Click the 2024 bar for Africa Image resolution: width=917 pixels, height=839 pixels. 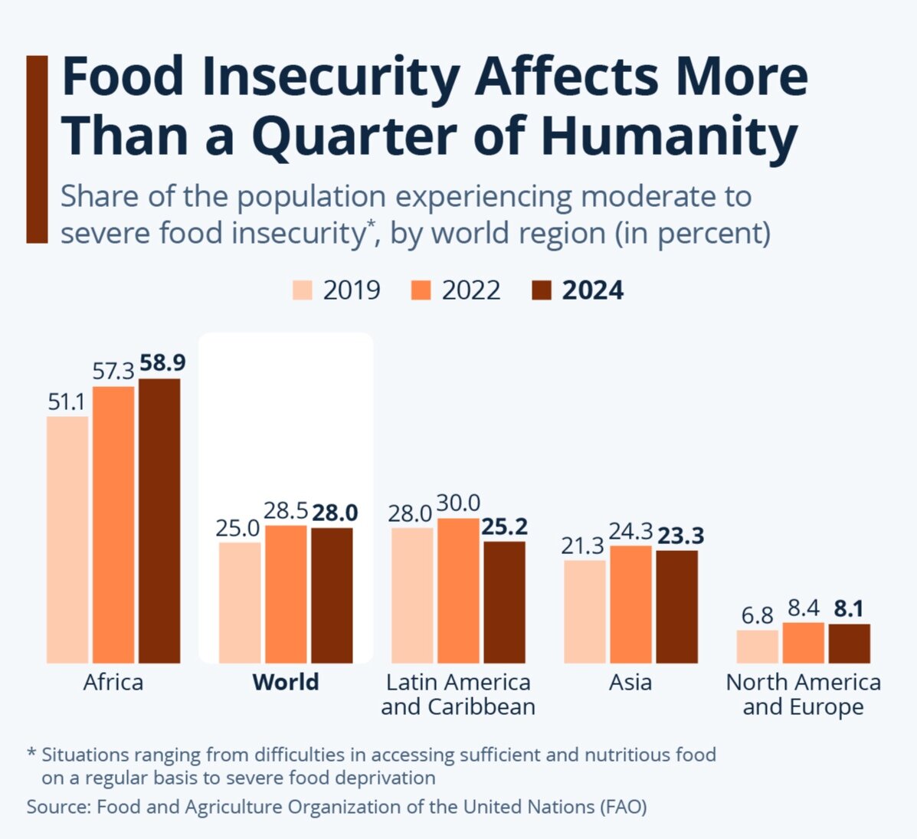pos(159,521)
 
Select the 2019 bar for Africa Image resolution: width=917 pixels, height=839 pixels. pos(67,539)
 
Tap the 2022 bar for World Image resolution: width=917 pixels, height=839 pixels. pos(286,594)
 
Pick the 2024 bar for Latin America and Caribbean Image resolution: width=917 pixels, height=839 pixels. pos(504,602)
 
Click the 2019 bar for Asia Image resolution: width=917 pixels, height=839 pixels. pos(585,611)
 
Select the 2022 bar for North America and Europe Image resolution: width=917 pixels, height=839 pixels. pos(803,643)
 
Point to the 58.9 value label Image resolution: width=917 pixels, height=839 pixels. pos(162,363)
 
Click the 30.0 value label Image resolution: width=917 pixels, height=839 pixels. pos(458,503)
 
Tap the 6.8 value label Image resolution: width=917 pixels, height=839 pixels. pos(757,615)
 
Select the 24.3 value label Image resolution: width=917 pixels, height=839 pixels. pos(630,531)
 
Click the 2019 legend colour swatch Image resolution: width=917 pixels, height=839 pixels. pos(303,290)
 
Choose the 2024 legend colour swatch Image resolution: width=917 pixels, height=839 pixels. pos(541,290)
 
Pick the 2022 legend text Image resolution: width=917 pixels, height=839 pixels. pos(471,290)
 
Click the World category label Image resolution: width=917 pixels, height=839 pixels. pos(286,682)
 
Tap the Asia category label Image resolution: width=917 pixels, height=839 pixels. pos(630,682)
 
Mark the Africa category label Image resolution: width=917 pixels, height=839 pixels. pos(113,682)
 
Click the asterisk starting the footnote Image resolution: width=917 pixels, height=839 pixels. pos(31,754)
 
